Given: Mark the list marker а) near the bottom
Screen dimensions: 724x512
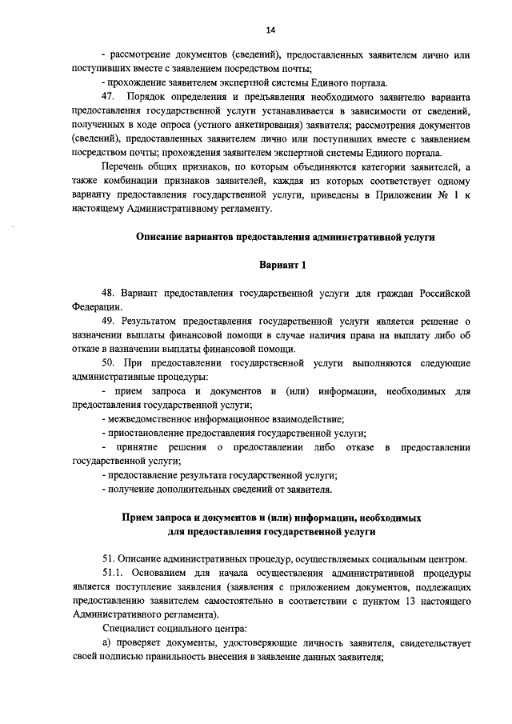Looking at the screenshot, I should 106,644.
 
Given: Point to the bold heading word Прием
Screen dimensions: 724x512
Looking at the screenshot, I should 136,518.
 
